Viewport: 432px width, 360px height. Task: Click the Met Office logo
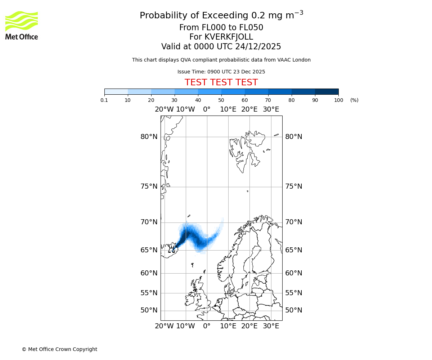click(22, 25)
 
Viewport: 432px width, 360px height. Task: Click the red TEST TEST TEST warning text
click(221, 83)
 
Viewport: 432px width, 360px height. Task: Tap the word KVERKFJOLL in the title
click(229, 37)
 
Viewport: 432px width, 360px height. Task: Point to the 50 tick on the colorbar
click(221, 100)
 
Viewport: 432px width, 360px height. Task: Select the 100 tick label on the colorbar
click(338, 100)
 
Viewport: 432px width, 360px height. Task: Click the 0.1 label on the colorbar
click(104, 100)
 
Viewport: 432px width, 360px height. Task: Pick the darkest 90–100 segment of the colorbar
click(327, 91)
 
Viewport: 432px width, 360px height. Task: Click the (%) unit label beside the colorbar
click(354, 100)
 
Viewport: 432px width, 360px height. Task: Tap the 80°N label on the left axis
click(149, 137)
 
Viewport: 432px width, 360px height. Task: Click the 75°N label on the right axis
click(294, 186)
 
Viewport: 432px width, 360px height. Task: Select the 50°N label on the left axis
click(149, 310)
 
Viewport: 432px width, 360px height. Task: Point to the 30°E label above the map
click(271, 109)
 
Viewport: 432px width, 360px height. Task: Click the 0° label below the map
click(207, 326)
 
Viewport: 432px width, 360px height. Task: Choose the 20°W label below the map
click(164, 326)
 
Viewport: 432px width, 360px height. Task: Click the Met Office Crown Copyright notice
click(59, 349)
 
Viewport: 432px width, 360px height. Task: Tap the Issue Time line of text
click(221, 72)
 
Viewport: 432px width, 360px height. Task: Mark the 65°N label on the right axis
click(294, 250)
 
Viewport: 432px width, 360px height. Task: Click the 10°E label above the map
click(228, 109)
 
